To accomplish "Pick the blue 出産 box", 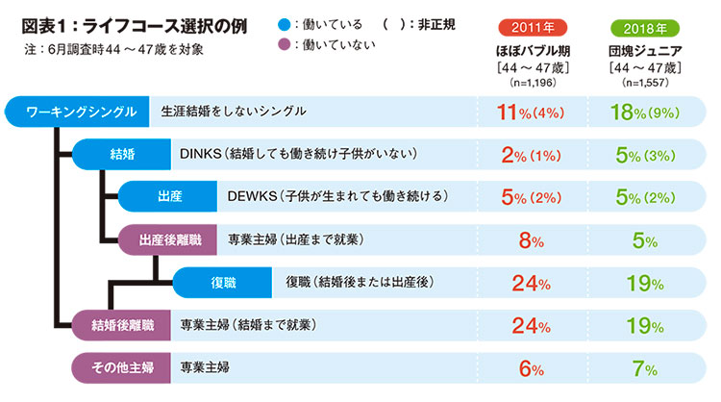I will coord(169,195).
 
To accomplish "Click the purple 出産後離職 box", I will coord(169,239).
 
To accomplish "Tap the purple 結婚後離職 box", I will coord(124,324).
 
